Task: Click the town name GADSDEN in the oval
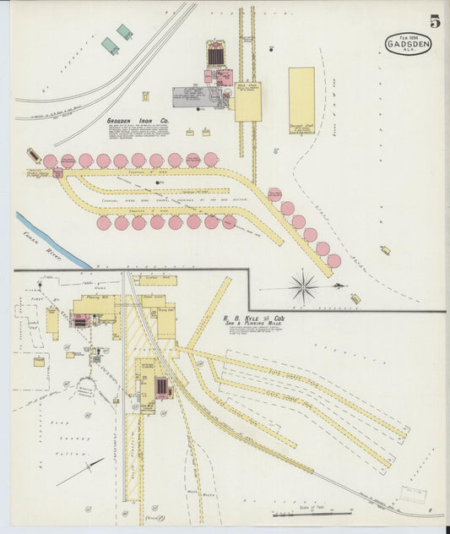click(409, 43)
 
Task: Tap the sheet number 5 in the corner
click(434, 21)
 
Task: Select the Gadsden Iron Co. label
click(138, 121)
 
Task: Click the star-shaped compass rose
click(303, 287)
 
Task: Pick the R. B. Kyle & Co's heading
click(253, 319)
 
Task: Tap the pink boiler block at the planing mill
click(82, 320)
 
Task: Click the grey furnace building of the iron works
click(191, 96)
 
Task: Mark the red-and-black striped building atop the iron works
click(216, 55)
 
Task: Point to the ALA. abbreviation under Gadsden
click(409, 52)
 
